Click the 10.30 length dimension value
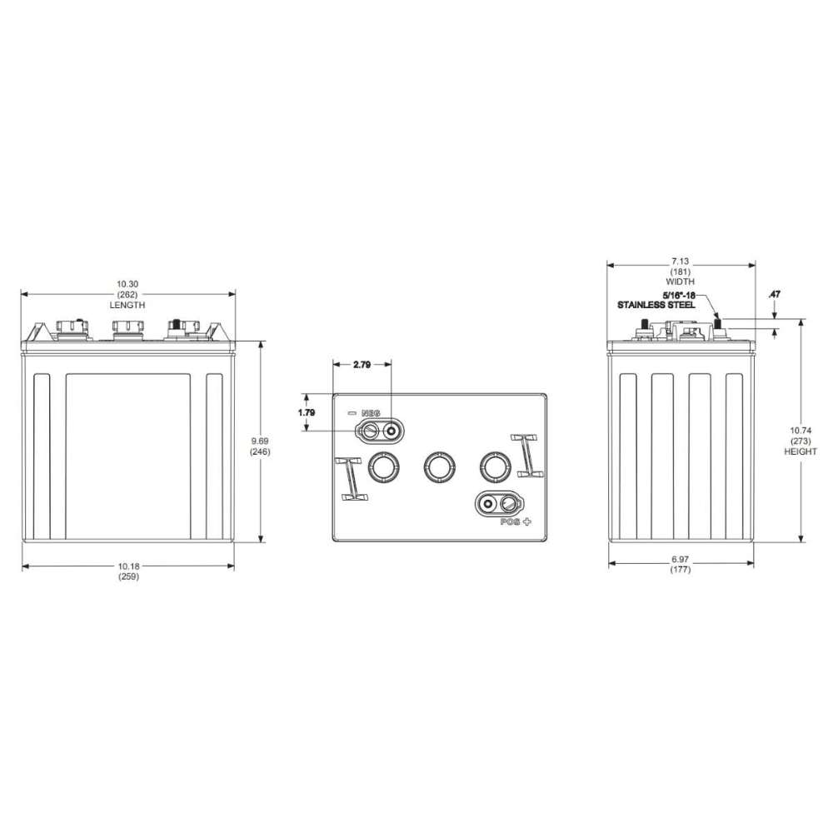(128, 284)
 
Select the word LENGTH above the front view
(128, 305)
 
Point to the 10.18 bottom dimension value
(128, 566)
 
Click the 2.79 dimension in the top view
(362, 366)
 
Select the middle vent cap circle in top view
(438, 467)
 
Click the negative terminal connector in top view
(380, 431)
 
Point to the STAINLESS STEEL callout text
(656, 306)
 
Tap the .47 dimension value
(775, 295)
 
